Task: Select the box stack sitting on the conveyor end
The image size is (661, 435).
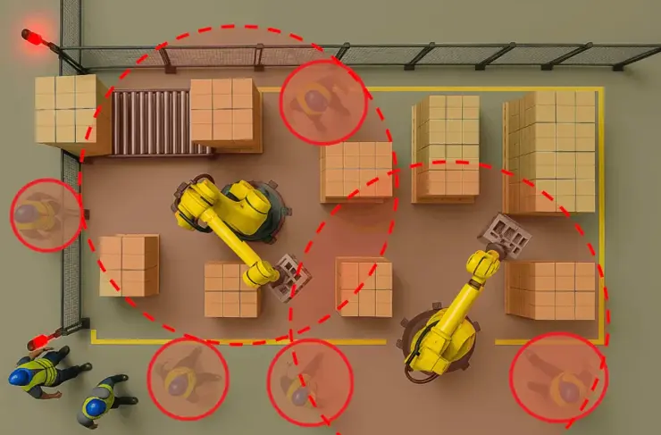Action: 225,113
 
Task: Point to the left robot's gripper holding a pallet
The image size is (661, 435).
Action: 289,275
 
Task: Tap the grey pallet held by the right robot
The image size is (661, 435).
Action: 505,236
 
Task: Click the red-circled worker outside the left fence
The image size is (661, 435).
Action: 45,214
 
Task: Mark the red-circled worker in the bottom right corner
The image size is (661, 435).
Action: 559,378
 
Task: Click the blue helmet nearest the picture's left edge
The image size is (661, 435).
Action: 20,377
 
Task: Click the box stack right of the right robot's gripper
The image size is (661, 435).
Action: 550,290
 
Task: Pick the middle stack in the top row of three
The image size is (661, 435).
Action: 445,147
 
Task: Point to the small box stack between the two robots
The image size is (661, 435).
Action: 364,287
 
